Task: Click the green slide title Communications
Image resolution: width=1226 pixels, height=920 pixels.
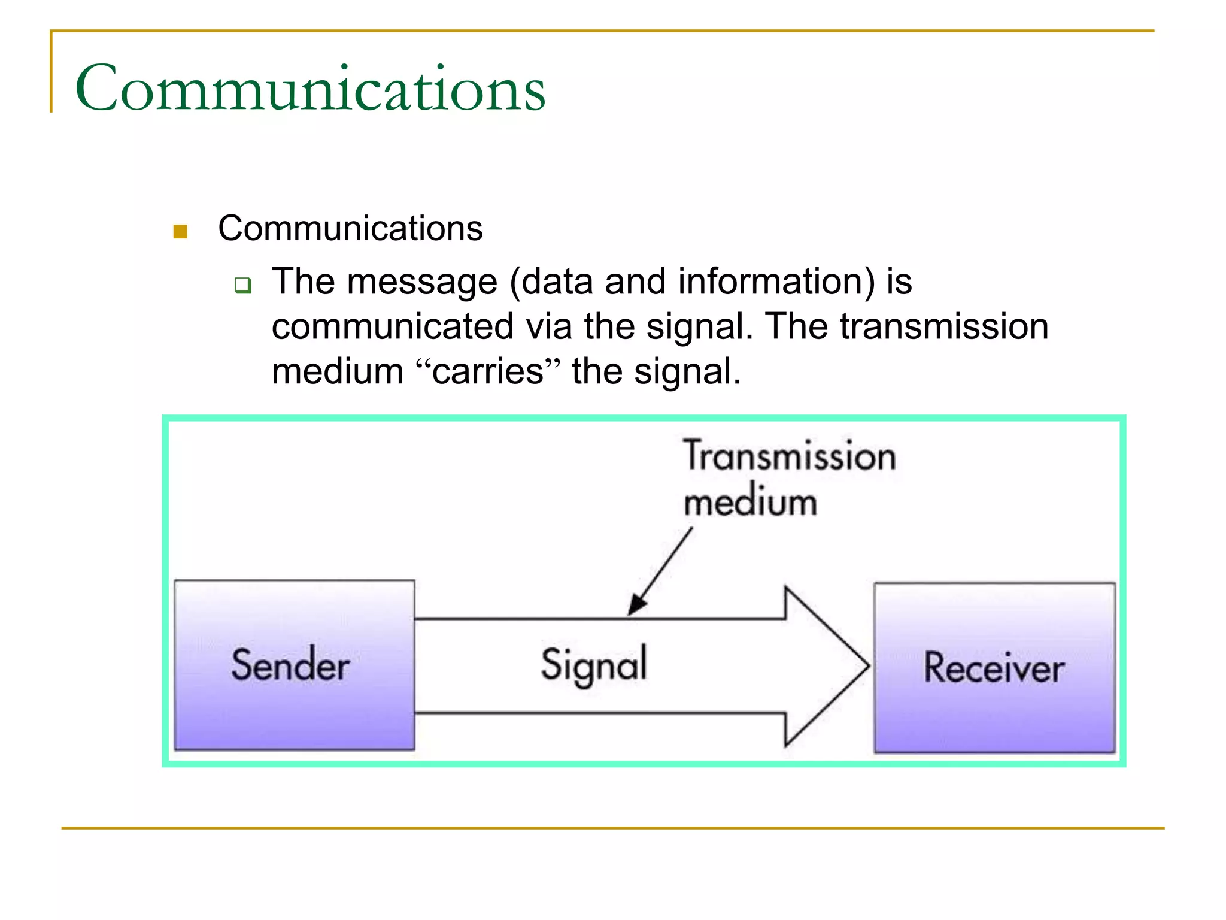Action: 310,89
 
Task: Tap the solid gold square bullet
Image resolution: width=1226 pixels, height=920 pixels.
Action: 180,231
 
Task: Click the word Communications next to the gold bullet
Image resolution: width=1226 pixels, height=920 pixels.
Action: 350,228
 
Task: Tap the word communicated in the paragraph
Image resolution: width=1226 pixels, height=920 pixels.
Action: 393,326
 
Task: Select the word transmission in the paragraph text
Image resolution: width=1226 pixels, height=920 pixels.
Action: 944,326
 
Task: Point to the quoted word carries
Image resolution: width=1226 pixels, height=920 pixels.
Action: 488,371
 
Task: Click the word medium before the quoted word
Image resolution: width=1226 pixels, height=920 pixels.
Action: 338,371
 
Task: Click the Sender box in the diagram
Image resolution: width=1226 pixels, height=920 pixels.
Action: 294,665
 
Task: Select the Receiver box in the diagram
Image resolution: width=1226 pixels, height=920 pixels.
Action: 994,667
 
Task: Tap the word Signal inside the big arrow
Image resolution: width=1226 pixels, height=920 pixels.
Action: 594,665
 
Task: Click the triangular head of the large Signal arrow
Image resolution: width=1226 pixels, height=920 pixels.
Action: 826,665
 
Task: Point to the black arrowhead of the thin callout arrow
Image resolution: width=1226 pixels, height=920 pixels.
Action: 636,604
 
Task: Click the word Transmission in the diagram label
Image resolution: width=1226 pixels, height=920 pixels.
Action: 790,456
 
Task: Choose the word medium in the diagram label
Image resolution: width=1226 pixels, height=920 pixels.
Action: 750,502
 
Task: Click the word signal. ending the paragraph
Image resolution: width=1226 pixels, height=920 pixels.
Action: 687,371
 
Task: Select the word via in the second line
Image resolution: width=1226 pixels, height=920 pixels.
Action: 549,326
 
